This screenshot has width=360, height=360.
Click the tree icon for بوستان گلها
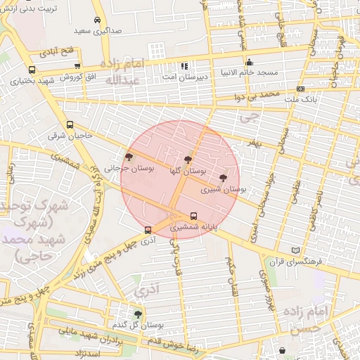pyautogui.click(x=188, y=160)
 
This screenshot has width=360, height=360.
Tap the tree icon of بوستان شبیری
pyautogui.click(x=224, y=179)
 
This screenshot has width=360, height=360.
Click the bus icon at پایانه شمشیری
pyautogui.click(x=194, y=216)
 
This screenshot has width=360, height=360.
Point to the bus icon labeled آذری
pyautogui.click(x=148, y=230)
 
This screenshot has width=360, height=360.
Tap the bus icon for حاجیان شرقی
pyautogui.click(x=69, y=124)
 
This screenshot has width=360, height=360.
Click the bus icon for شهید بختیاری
pyautogui.click(x=32, y=70)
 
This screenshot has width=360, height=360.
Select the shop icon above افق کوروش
pyautogui.click(x=77, y=66)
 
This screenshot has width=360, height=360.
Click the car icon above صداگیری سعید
pyautogui.click(x=97, y=20)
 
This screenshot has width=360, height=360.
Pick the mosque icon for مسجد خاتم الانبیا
pyautogui.click(x=249, y=61)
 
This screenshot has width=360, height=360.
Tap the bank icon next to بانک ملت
pyautogui.click(x=300, y=89)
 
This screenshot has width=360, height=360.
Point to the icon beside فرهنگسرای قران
pyautogui.click(x=295, y=250)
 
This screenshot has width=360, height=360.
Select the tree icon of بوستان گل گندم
pyautogui.click(x=138, y=314)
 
